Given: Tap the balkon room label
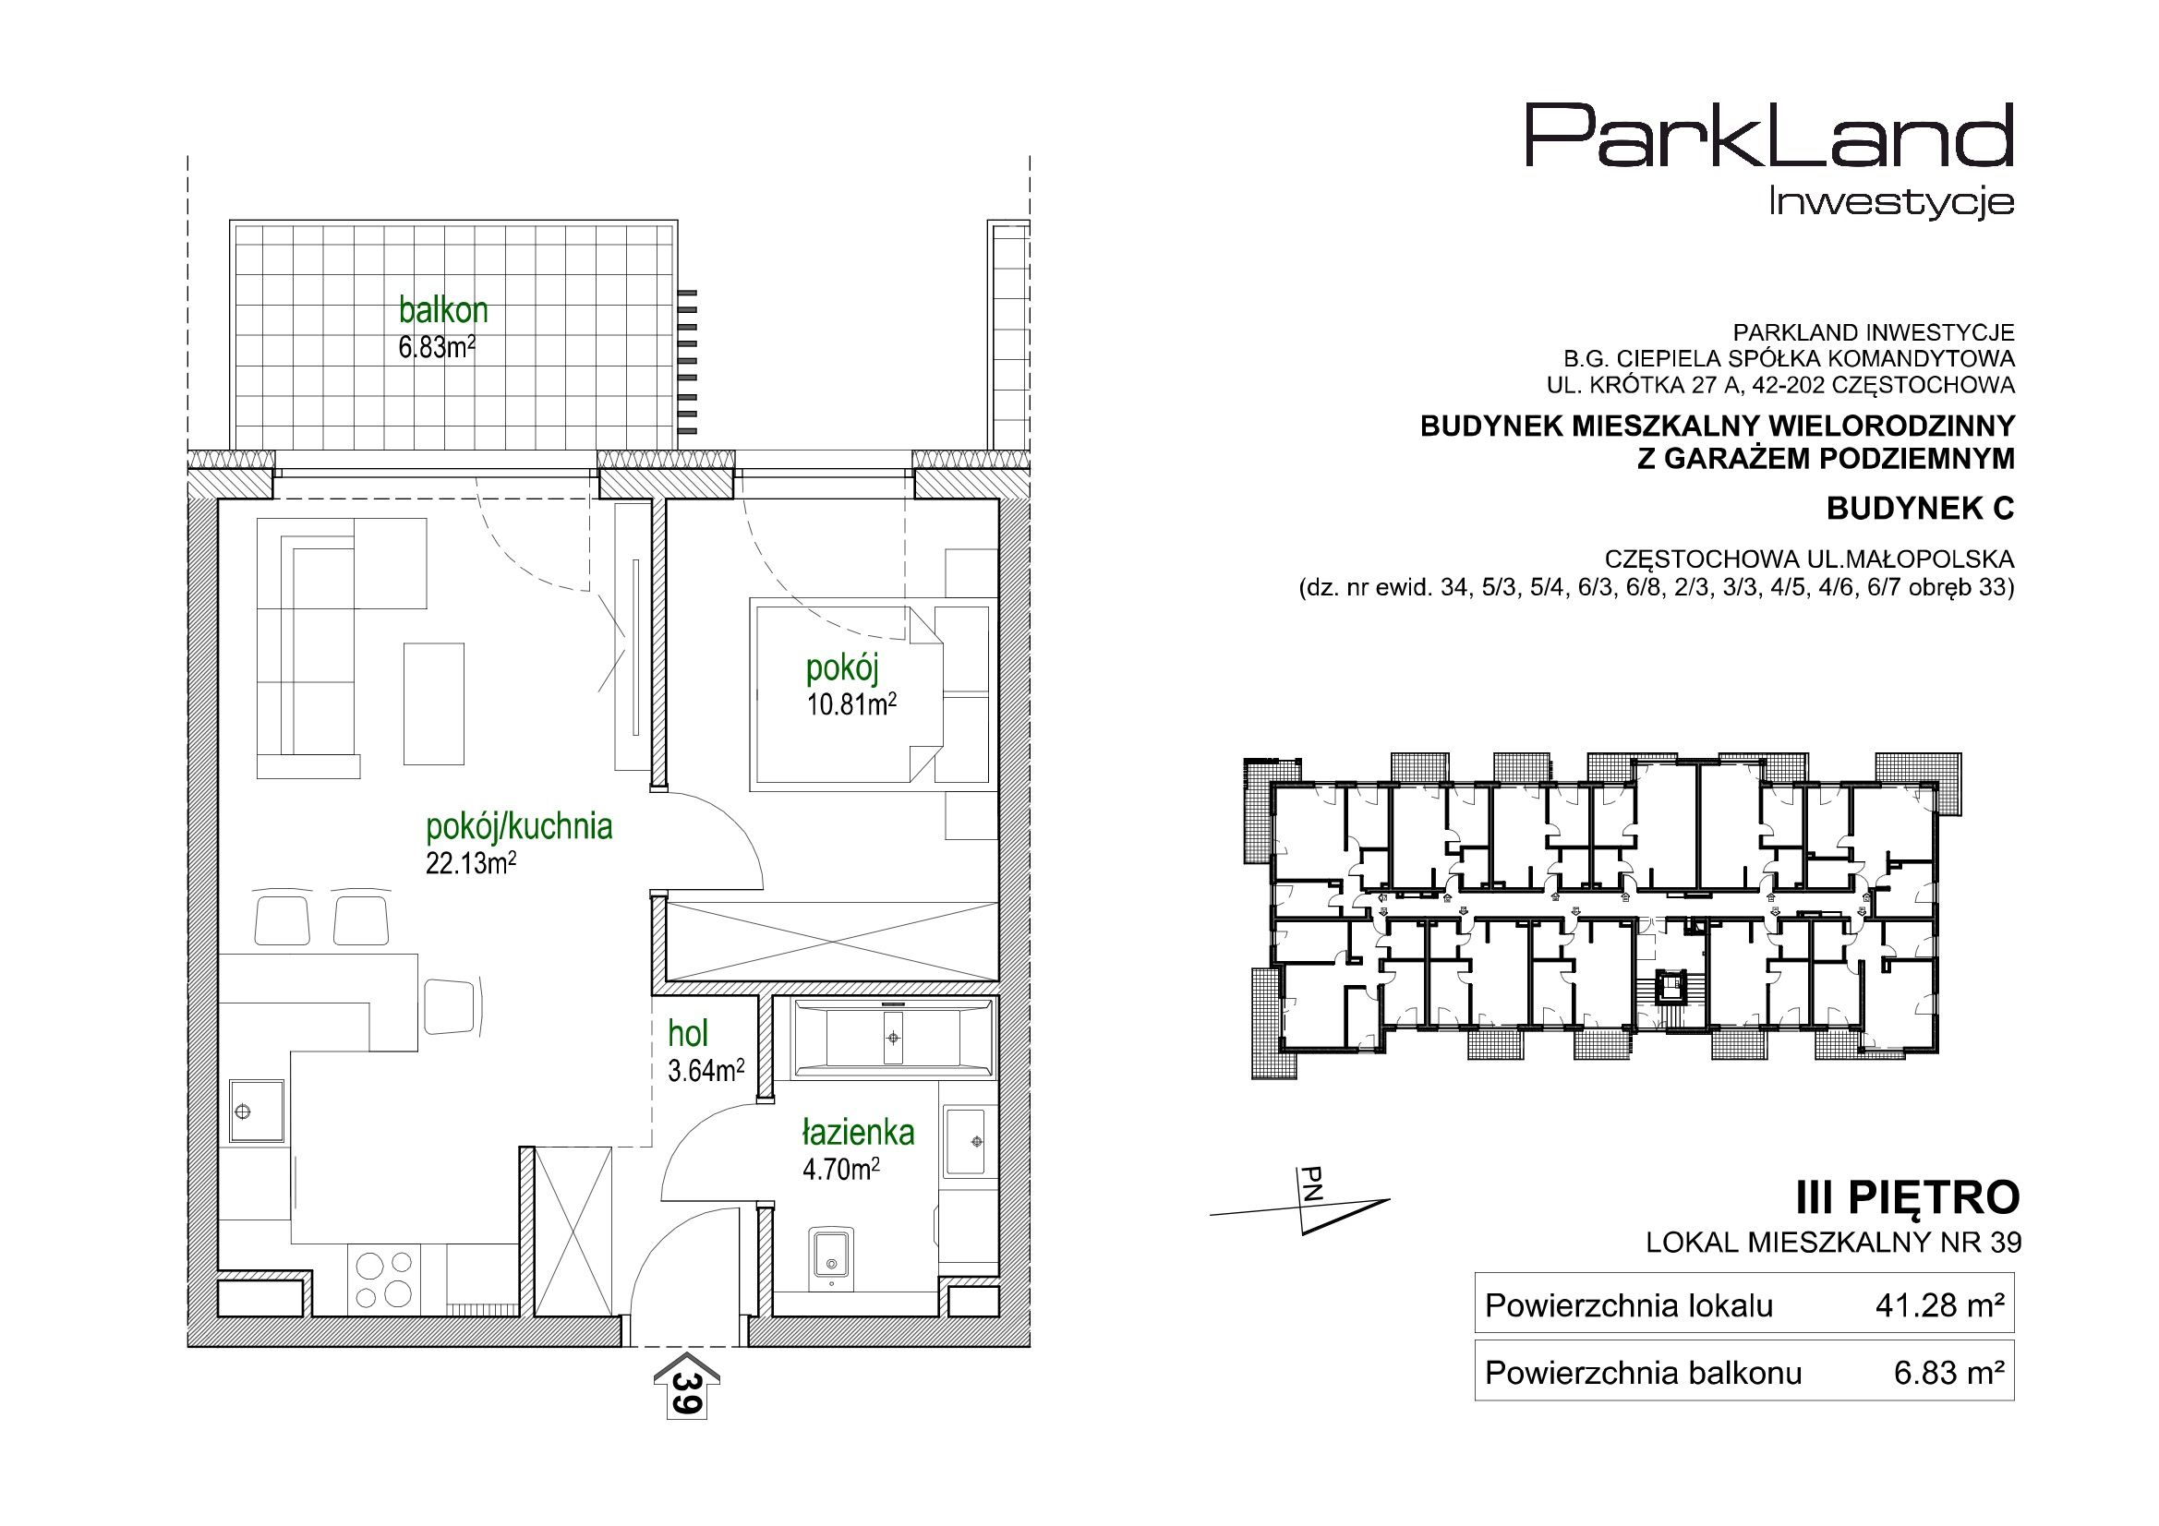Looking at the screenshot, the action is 443,309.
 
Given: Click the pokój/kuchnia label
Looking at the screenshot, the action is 519,826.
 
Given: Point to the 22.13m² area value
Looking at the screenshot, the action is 471,863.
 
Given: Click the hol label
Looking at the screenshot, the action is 687,1034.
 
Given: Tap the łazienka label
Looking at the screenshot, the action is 858,1133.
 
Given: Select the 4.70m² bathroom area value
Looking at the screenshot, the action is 840,1170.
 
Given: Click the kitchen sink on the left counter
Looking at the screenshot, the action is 256,1111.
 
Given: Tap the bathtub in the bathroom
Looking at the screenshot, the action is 892,1038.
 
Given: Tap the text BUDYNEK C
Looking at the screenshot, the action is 1921,509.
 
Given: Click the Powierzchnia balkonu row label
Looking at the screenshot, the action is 1643,1374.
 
